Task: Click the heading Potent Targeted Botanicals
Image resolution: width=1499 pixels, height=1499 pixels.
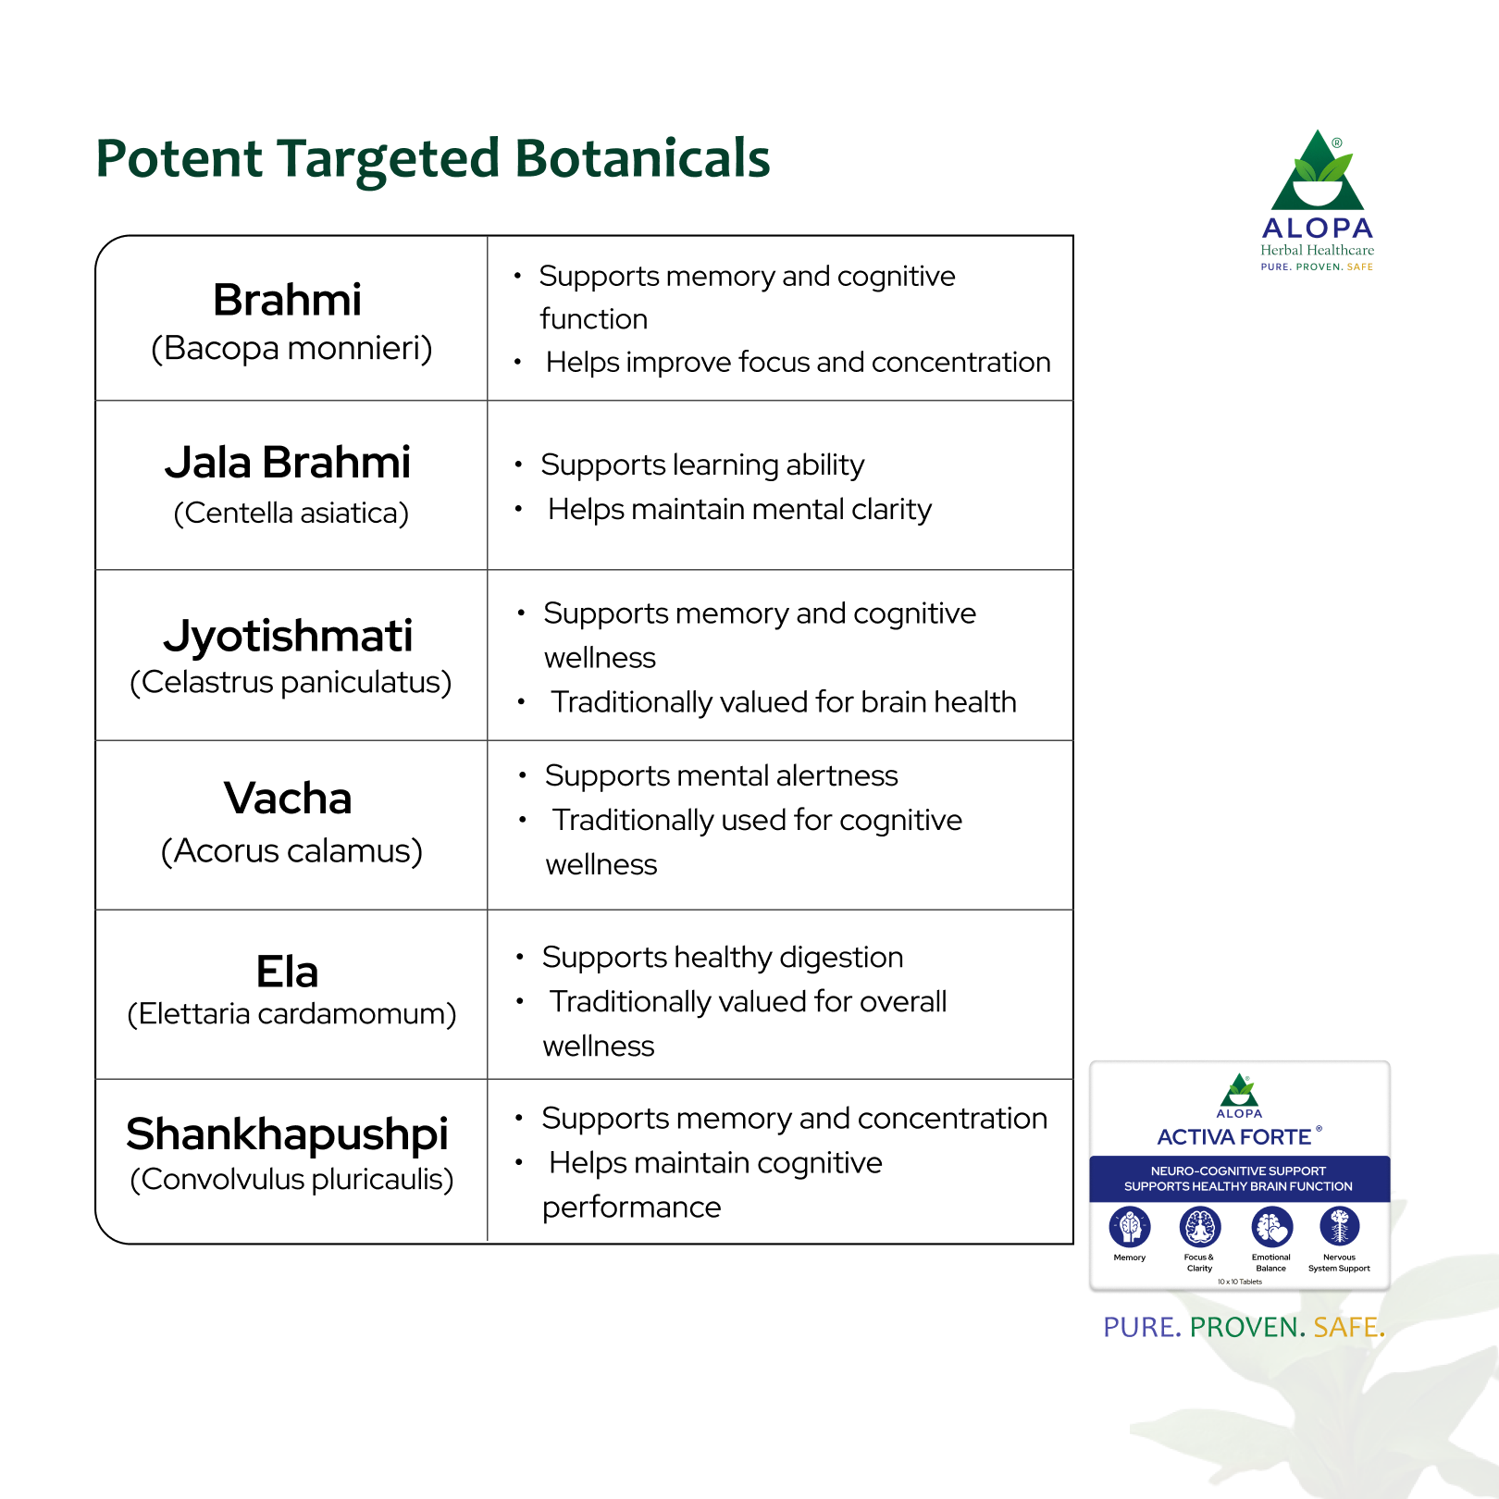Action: pyautogui.click(x=433, y=159)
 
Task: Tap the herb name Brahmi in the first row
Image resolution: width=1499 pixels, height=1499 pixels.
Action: pyautogui.click(x=288, y=300)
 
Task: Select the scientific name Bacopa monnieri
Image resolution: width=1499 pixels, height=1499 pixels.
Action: pyautogui.click(x=291, y=349)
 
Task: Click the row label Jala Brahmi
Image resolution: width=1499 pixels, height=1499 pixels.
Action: pyautogui.click(x=288, y=463)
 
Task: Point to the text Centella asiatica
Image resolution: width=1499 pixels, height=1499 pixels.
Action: pyautogui.click(x=291, y=513)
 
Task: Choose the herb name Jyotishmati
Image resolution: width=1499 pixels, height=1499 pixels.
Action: pyautogui.click(x=288, y=637)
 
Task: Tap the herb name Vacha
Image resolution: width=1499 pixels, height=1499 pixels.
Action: pyautogui.click(x=288, y=799)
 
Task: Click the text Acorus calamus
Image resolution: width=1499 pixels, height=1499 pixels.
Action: pyautogui.click(x=291, y=851)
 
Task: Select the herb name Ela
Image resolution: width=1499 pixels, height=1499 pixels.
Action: pyautogui.click(x=288, y=972)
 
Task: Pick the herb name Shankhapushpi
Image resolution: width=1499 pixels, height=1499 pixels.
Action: pyautogui.click(x=288, y=1134)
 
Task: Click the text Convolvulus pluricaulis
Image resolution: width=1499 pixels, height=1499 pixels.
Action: pyautogui.click(x=291, y=1180)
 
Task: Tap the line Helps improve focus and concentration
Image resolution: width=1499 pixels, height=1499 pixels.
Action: pyautogui.click(x=799, y=363)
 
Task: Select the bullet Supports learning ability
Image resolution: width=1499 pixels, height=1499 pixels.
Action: pyautogui.click(x=702, y=465)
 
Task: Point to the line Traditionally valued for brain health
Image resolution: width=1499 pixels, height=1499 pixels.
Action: pyautogui.click(x=784, y=702)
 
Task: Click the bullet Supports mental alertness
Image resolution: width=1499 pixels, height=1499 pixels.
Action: pyautogui.click(x=722, y=776)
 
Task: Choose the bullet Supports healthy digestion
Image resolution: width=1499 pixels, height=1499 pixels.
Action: pyautogui.click(x=723, y=958)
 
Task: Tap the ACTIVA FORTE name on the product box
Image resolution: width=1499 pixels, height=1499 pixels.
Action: pyautogui.click(x=1234, y=1137)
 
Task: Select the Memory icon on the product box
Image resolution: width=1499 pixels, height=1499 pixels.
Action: pyautogui.click(x=1130, y=1228)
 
